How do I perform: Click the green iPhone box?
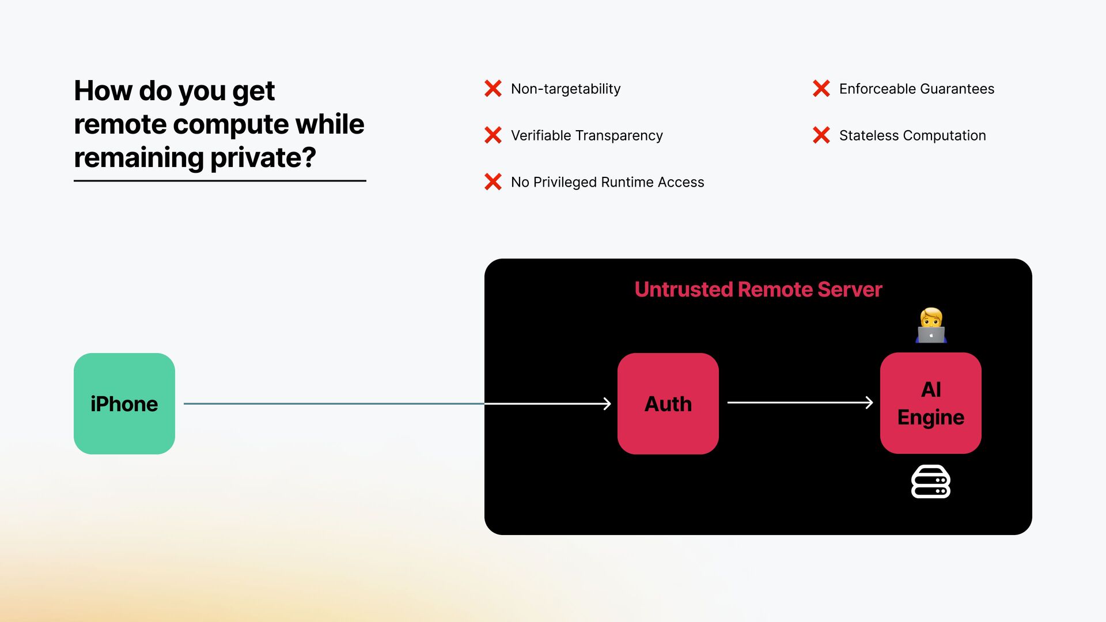[124, 403]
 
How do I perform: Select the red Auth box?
[668, 403]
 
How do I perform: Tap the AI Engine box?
[930, 403]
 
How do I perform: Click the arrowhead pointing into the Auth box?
[607, 404]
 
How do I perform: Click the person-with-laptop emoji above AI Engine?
[931, 325]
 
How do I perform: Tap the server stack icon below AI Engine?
[930, 481]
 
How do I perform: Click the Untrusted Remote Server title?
[758, 289]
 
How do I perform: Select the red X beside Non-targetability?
[493, 89]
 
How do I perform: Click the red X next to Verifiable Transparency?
[493, 135]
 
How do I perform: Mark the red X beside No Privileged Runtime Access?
[493, 182]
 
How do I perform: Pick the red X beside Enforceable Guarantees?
[821, 89]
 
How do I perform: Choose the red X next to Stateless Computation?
[821, 135]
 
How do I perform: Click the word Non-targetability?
[566, 89]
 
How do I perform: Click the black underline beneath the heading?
[220, 181]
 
